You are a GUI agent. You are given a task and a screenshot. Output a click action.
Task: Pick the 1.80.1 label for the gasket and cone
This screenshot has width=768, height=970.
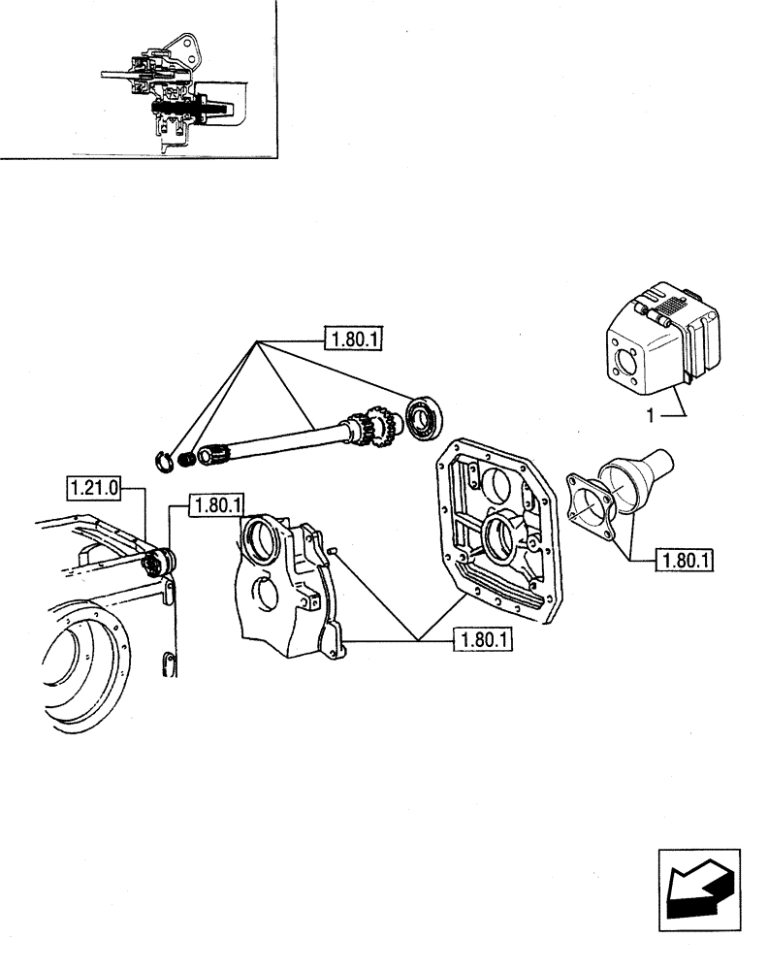[684, 560]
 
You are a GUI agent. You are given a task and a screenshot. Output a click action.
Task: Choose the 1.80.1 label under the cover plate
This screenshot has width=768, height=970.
[483, 639]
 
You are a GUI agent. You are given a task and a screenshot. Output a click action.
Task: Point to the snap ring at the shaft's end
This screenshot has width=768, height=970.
[168, 458]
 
